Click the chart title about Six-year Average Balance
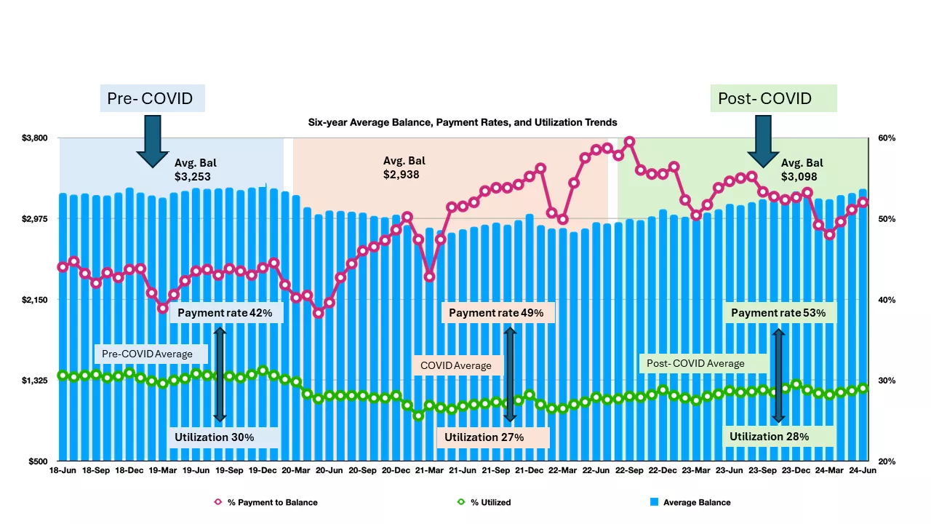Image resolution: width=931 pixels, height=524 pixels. (x=463, y=122)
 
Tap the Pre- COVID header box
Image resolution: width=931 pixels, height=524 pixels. (x=152, y=98)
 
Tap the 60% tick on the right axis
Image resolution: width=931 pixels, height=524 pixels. (x=887, y=138)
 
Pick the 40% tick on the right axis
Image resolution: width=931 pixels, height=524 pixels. (x=887, y=300)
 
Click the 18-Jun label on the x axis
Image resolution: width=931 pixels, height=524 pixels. (x=63, y=471)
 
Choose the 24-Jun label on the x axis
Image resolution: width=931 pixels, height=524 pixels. (x=863, y=471)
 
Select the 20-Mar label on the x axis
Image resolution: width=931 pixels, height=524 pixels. (x=296, y=471)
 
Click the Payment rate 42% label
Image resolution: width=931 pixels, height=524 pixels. (x=225, y=313)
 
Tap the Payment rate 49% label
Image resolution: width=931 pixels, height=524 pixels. (x=497, y=313)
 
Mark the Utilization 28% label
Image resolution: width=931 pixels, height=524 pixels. (x=779, y=437)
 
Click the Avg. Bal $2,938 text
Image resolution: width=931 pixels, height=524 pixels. (x=404, y=167)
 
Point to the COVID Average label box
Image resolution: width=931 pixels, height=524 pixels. (x=456, y=365)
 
